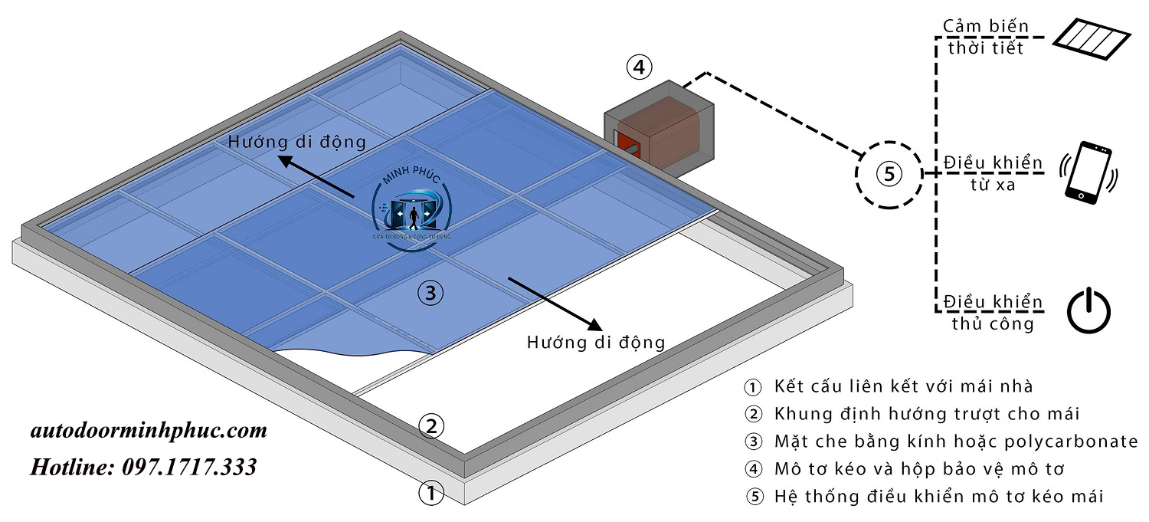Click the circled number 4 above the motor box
[639, 67]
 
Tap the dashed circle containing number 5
[889, 174]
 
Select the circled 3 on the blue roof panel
[430, 292]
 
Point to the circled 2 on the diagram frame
[431, 426]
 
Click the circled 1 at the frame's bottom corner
[431, 492]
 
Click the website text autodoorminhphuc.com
[149, 431]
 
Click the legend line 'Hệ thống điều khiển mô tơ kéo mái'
[938, 496]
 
